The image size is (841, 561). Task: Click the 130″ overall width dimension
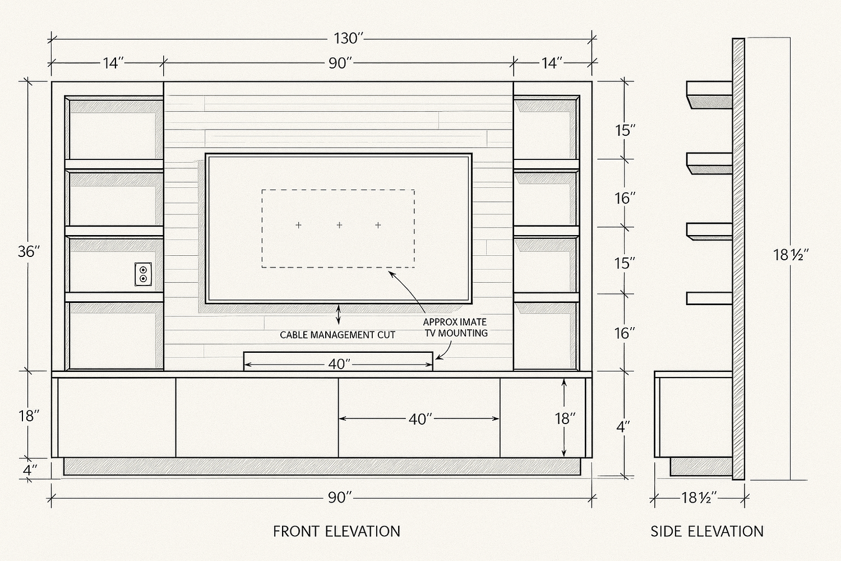(x=349, y=39)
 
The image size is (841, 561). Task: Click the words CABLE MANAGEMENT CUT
(x=338, y=335)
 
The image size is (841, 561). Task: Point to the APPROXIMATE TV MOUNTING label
(x=455, y=328)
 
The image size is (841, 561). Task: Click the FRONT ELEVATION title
(x=336, y=531)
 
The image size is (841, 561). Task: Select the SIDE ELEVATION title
(x=707, y=531)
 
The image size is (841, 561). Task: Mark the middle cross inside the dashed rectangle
(x=339, y=225)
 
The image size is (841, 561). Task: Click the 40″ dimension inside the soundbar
(x=339, y=365)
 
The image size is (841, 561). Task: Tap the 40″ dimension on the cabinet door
(x=420, y=419)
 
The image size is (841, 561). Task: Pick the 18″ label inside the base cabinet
(x=565, y=419)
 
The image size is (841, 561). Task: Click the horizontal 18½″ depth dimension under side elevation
(x=699, y=498)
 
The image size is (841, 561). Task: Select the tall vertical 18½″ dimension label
(x=789, y=255)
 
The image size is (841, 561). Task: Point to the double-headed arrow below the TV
(x=338, y=315)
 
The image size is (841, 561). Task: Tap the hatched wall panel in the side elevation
(x=738, y=258)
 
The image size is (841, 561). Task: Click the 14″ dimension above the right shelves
(x=551, y=63)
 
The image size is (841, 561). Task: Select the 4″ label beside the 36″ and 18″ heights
(x=30, y=470)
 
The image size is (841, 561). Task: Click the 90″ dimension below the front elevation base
(x=339, y=498)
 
